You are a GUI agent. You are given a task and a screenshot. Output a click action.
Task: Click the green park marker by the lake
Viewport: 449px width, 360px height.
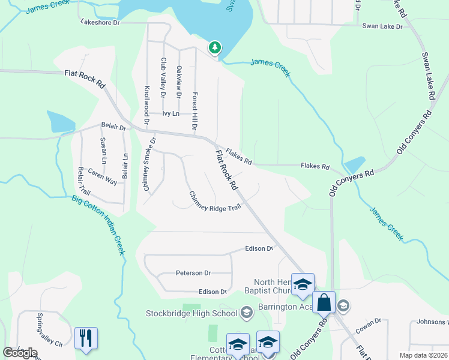tap(214, 48)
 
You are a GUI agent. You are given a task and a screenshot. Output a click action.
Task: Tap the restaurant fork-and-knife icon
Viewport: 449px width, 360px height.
tap(86, 338)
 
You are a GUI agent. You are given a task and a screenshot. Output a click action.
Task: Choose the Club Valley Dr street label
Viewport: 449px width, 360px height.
tap(163, 78)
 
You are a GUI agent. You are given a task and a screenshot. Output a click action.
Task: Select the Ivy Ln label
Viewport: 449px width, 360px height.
tap(170, 113)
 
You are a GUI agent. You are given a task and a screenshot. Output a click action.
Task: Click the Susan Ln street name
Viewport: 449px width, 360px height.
tap(103, 150)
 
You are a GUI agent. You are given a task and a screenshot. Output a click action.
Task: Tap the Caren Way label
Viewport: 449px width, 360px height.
tap(103, 176)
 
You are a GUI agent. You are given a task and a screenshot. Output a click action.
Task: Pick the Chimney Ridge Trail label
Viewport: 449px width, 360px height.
tap(215, 202)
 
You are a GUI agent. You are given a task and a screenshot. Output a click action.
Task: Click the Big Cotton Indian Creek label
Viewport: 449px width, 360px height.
tap(98, 225)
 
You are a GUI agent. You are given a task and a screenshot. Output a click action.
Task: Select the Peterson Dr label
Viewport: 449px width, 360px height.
tap(193, 273)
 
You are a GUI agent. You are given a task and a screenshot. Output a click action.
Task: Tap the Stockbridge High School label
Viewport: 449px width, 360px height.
tap(192, 313)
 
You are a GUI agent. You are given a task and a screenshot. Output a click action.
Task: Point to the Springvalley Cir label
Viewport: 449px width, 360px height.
tap(41, 331)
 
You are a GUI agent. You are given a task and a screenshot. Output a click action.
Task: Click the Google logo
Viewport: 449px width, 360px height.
tap(20, 353)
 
